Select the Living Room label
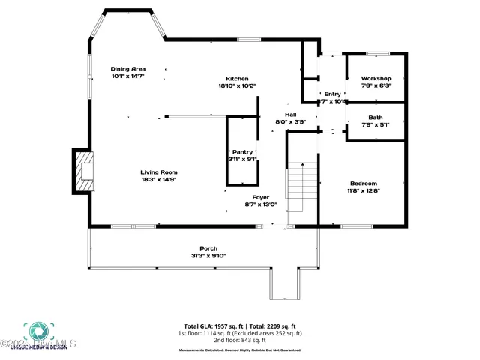[159, 172]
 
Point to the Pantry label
[242, 151]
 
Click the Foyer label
[260, 196]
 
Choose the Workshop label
[376, 78]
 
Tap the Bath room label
[376, 117]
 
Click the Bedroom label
[364, 183]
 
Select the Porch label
[208, 248]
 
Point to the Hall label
[291, 114]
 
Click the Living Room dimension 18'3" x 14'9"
[159, 179]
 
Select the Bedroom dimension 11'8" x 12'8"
[364, 190]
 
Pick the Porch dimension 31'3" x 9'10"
[208, 256]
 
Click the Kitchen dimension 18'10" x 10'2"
[238, 85]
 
